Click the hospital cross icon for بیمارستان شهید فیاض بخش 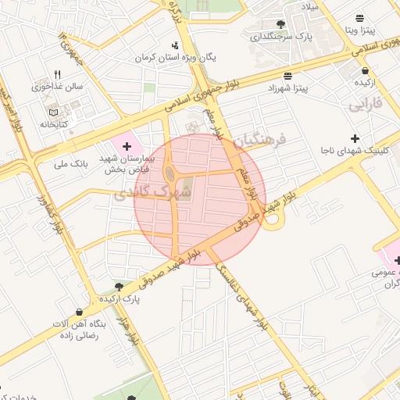127,146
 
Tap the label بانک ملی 71,164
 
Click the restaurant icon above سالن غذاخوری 57,74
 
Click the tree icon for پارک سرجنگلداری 280,24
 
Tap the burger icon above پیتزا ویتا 359,17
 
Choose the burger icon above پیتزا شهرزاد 288,76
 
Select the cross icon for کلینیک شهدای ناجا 355,137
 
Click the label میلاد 310,6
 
